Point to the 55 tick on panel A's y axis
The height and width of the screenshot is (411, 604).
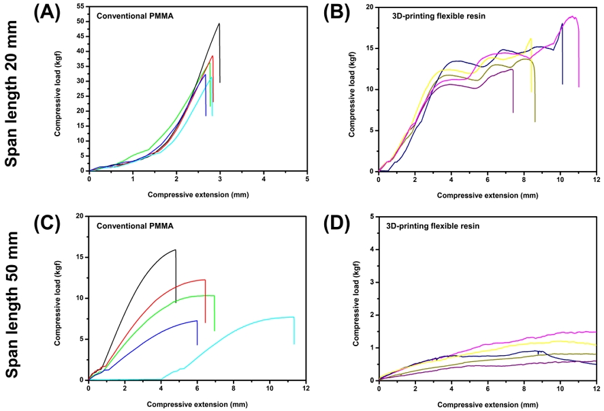80,6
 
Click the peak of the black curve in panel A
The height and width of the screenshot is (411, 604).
219,24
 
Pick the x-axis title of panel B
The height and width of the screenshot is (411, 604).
486,195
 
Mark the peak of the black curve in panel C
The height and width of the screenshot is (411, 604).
176,249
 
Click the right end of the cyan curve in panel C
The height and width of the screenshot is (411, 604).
294,318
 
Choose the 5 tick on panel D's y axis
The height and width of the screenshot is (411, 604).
371,217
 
